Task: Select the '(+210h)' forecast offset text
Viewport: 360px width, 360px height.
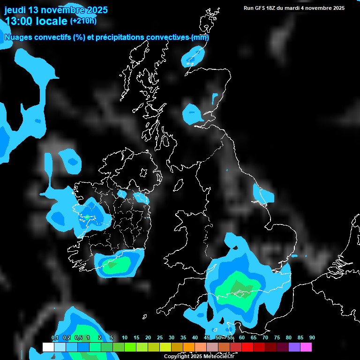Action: (x=83, y=21)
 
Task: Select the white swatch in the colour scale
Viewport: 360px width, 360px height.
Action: (x=48, y=347)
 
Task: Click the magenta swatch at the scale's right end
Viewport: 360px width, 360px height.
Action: (x=306, y=347)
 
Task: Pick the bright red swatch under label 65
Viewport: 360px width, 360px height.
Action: (x=247, y=347)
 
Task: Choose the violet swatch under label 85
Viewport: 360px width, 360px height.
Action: (x=294, y=347)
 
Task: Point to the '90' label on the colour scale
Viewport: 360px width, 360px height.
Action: (x=312, y=337)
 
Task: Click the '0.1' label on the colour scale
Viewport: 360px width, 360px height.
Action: (x=54, y=337)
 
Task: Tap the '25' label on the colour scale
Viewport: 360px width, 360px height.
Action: (x=160, y=337)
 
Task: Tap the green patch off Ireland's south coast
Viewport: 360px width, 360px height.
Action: (x=114, y=265)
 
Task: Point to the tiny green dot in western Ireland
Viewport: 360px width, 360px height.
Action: (x=87, y=217)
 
